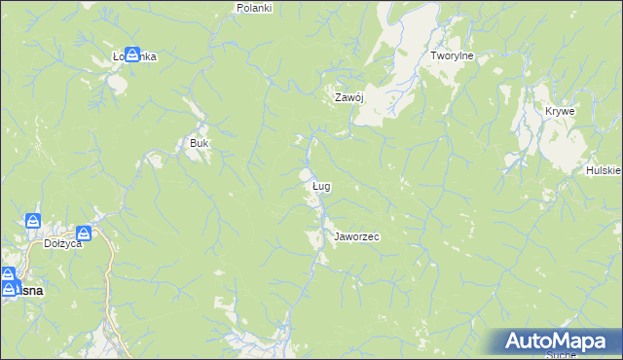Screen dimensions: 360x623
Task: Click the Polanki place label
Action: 254,7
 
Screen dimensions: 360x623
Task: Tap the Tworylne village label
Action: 452,56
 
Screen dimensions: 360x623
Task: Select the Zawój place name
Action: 348,97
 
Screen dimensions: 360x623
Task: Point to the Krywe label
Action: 560,111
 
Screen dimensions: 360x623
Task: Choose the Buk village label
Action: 200,143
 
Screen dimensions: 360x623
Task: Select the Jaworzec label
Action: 356,236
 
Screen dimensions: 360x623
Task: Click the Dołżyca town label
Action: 63,244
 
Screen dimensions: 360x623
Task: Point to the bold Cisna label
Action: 24,290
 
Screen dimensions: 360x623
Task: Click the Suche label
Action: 560,355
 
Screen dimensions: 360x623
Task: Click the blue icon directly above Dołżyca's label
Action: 85,233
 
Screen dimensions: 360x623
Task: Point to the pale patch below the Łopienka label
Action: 119,82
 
